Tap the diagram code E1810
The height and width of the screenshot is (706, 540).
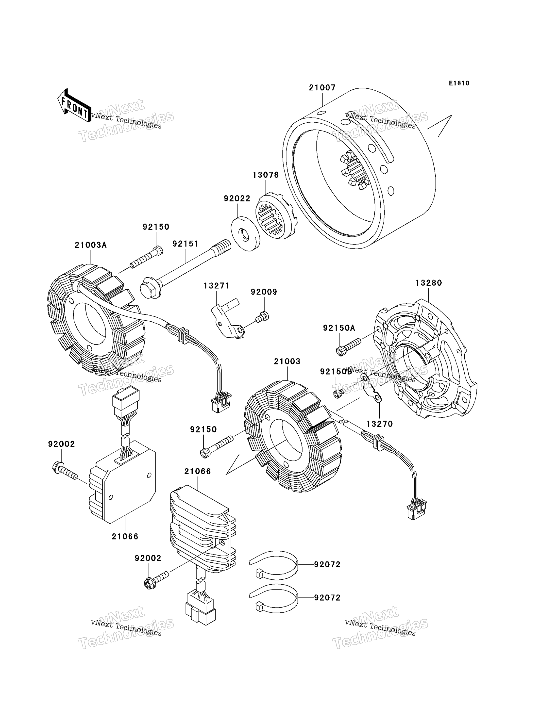pos(459,83)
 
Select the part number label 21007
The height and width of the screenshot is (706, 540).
pos(322,88)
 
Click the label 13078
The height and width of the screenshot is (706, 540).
pos(266,175)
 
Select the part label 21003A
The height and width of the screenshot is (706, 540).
pos(91,245)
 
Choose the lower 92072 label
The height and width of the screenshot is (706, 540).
pos(327,598)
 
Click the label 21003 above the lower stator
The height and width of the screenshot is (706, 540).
pos(287,361)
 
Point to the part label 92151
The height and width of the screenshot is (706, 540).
pos(186,244)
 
